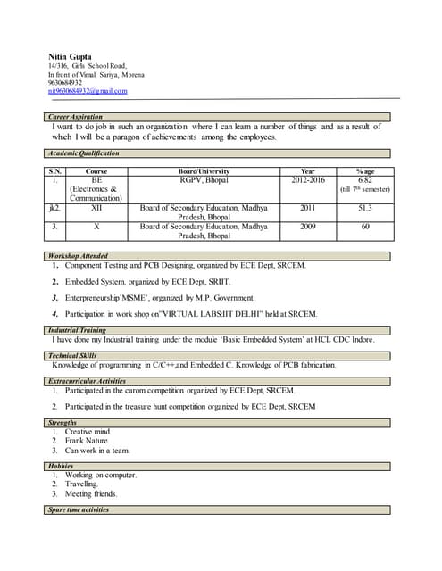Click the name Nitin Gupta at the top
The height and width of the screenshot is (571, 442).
pos(70,57)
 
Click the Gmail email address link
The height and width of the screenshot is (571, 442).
pos(88,91)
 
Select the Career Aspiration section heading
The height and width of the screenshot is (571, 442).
pos(75,117)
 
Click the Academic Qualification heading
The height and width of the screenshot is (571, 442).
pos(83,153)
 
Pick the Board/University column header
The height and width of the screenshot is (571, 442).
pos(204,170)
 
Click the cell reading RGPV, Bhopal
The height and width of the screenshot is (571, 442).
pos(204,179)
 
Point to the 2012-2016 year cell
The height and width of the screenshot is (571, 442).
pos(308,179)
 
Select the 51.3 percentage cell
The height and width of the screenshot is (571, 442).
pos(364,207)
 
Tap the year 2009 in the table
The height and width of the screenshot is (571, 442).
pos(308,227)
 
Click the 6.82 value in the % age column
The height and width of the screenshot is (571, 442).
pos(364,179)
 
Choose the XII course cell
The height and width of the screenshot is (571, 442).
pos(96,207)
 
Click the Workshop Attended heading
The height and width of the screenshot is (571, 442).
pos(78,256)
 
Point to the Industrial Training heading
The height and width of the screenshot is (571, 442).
pos(77,330)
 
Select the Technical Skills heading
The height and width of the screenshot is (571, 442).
pos(73,355)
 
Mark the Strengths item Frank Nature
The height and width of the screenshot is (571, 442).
pos(88,441)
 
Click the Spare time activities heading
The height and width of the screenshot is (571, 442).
pos(79,509)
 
